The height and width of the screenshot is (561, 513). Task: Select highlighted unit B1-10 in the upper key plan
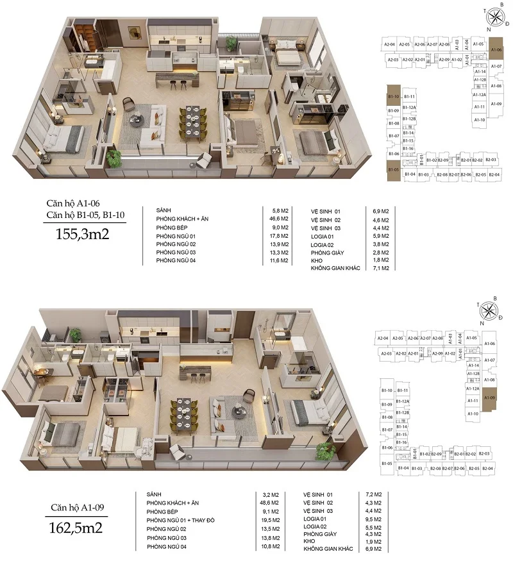tap(394, 96)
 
